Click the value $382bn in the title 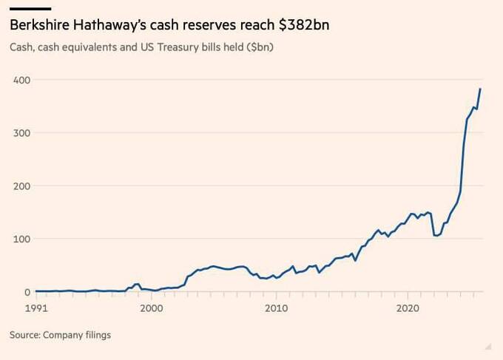point(304,25)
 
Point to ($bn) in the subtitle point(261,48)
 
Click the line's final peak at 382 point(481,89)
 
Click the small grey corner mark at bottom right point(487,345)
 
